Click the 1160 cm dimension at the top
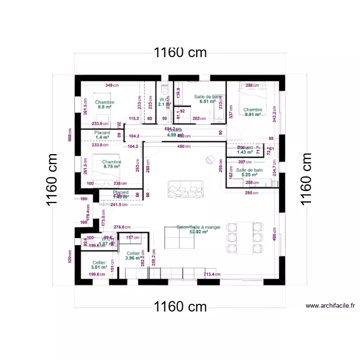coord(180,53)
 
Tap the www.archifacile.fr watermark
coord(330,305)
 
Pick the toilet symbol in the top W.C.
coord(164,89)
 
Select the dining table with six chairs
coord(245,237)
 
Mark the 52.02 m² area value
coord(198,231)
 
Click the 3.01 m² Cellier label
coord(99,265)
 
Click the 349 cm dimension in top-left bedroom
coord(112,85)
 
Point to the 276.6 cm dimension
coord(122,228)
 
